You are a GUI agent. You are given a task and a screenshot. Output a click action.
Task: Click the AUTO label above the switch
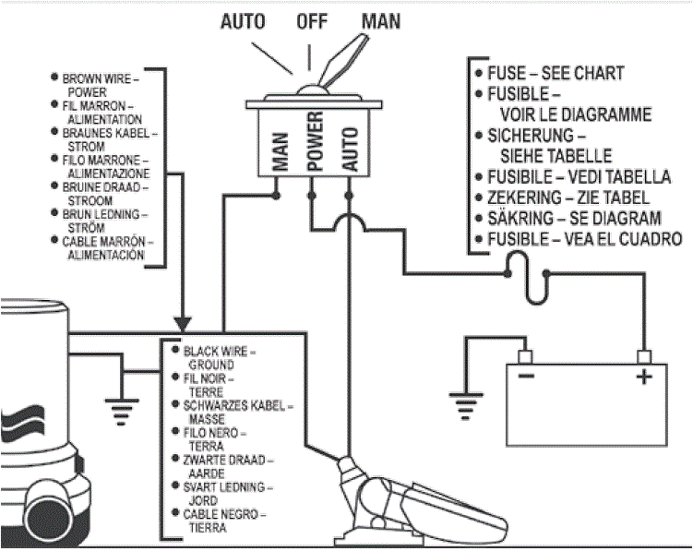pos(244,20)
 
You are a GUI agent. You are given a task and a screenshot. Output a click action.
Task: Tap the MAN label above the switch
pos(380,20)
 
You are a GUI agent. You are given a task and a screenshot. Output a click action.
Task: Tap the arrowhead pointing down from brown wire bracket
pos(183,325)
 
